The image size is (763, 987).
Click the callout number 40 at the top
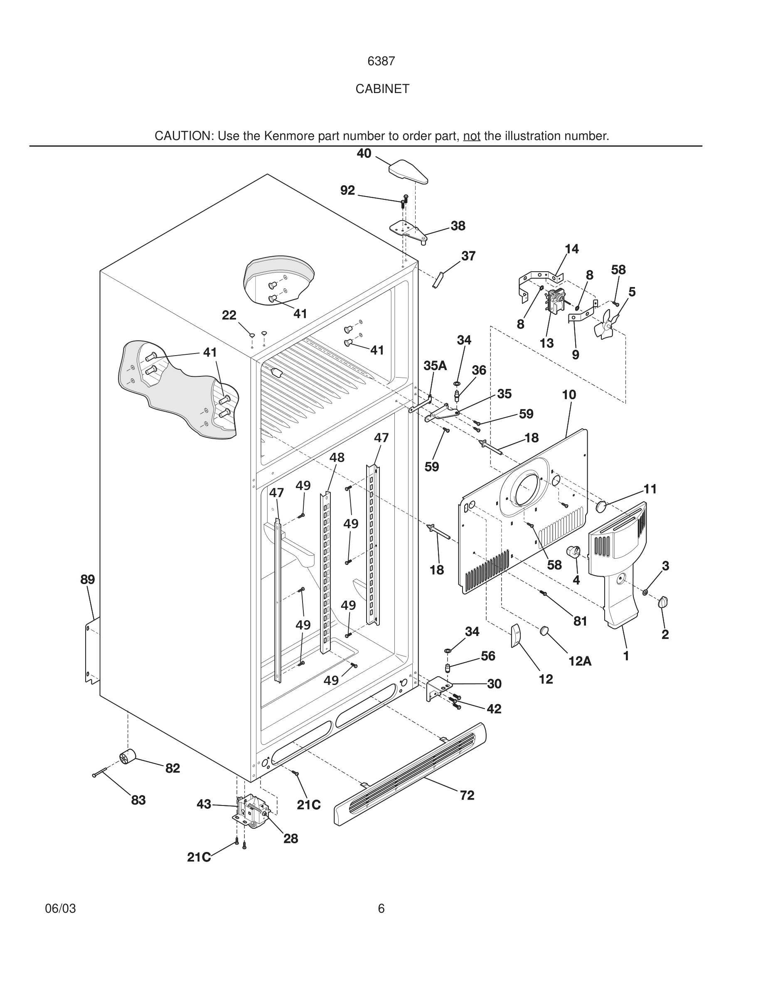click(364, 154)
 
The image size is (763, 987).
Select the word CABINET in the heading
click(382, 89)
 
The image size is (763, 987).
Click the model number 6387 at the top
click(381, 61)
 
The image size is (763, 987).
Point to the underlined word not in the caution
click(471, 136)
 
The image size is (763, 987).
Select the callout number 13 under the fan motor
click(546, 344)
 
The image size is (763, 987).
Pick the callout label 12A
click(580, 661)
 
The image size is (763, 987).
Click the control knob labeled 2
click(664, 602)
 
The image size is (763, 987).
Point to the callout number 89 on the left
click(88, 579)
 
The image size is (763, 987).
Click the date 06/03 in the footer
click(61, 909)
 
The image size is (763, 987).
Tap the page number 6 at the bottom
click(381, 908)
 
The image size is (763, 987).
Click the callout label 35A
click(435, 366)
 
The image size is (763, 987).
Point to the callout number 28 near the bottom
click(290, 839)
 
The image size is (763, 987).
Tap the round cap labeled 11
click(602, 506)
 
